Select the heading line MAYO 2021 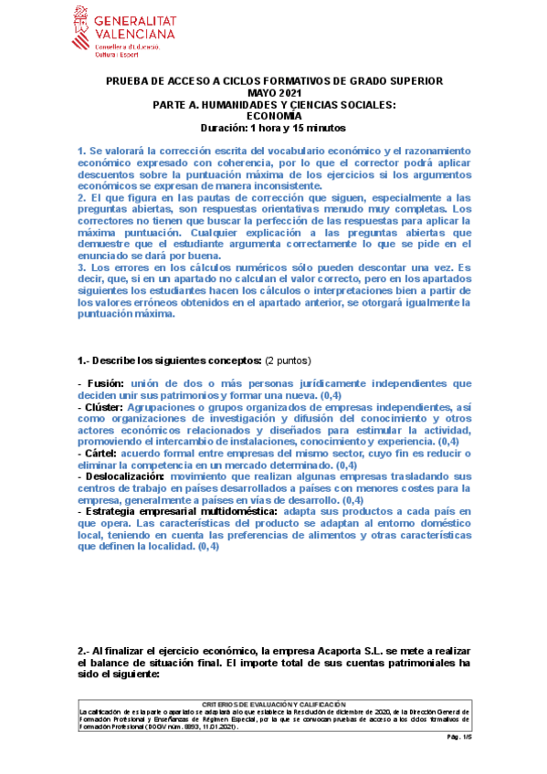tap(274, 93)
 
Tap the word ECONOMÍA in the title tap(274, 116)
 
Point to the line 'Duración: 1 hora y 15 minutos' tap(274, 128)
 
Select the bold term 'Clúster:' tap(105, 407)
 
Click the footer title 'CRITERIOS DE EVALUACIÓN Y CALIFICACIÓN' tap(274, 705)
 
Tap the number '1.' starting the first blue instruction tap(80, 150)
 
